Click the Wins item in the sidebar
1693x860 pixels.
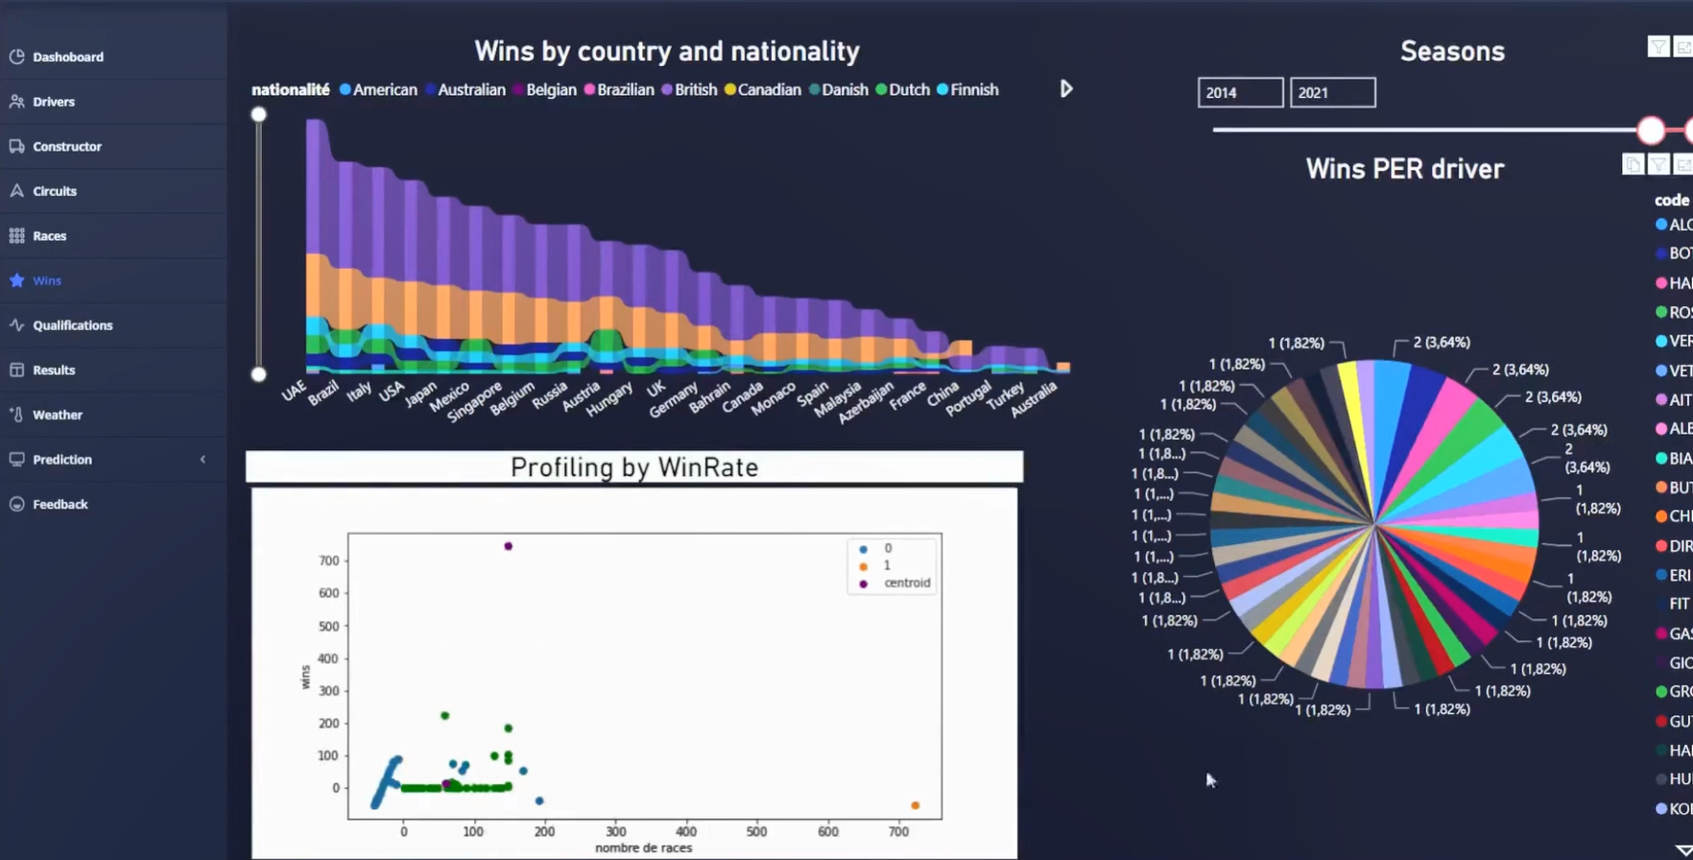pos(47,280)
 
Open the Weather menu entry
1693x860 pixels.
pos(57,415)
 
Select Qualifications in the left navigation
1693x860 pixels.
pos(72,325)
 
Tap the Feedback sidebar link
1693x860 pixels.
pos(60,504)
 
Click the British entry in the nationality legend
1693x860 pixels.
pos(695,89)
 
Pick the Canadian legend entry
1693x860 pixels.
pos(769,89)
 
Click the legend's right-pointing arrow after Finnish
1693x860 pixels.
pos(1066,89)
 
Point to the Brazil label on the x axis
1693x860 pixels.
pos(324,393)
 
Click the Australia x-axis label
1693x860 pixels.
pos(1034,398)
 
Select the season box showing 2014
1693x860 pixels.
pos(1239,92)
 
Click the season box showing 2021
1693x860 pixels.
pos(1331,92)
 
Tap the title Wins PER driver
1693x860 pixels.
pos(1404,169)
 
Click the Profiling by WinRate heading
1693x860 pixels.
pos(633,467)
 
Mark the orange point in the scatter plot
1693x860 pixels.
pos(915,805)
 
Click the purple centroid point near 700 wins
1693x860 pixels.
pos(509,546)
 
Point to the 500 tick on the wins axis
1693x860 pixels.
pos(329,626)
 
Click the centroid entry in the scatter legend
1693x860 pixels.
pos(906,583)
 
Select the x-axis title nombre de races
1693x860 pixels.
pos(643,848)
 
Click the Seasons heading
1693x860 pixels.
pos(1451,51)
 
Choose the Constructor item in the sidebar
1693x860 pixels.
pos(66,146)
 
